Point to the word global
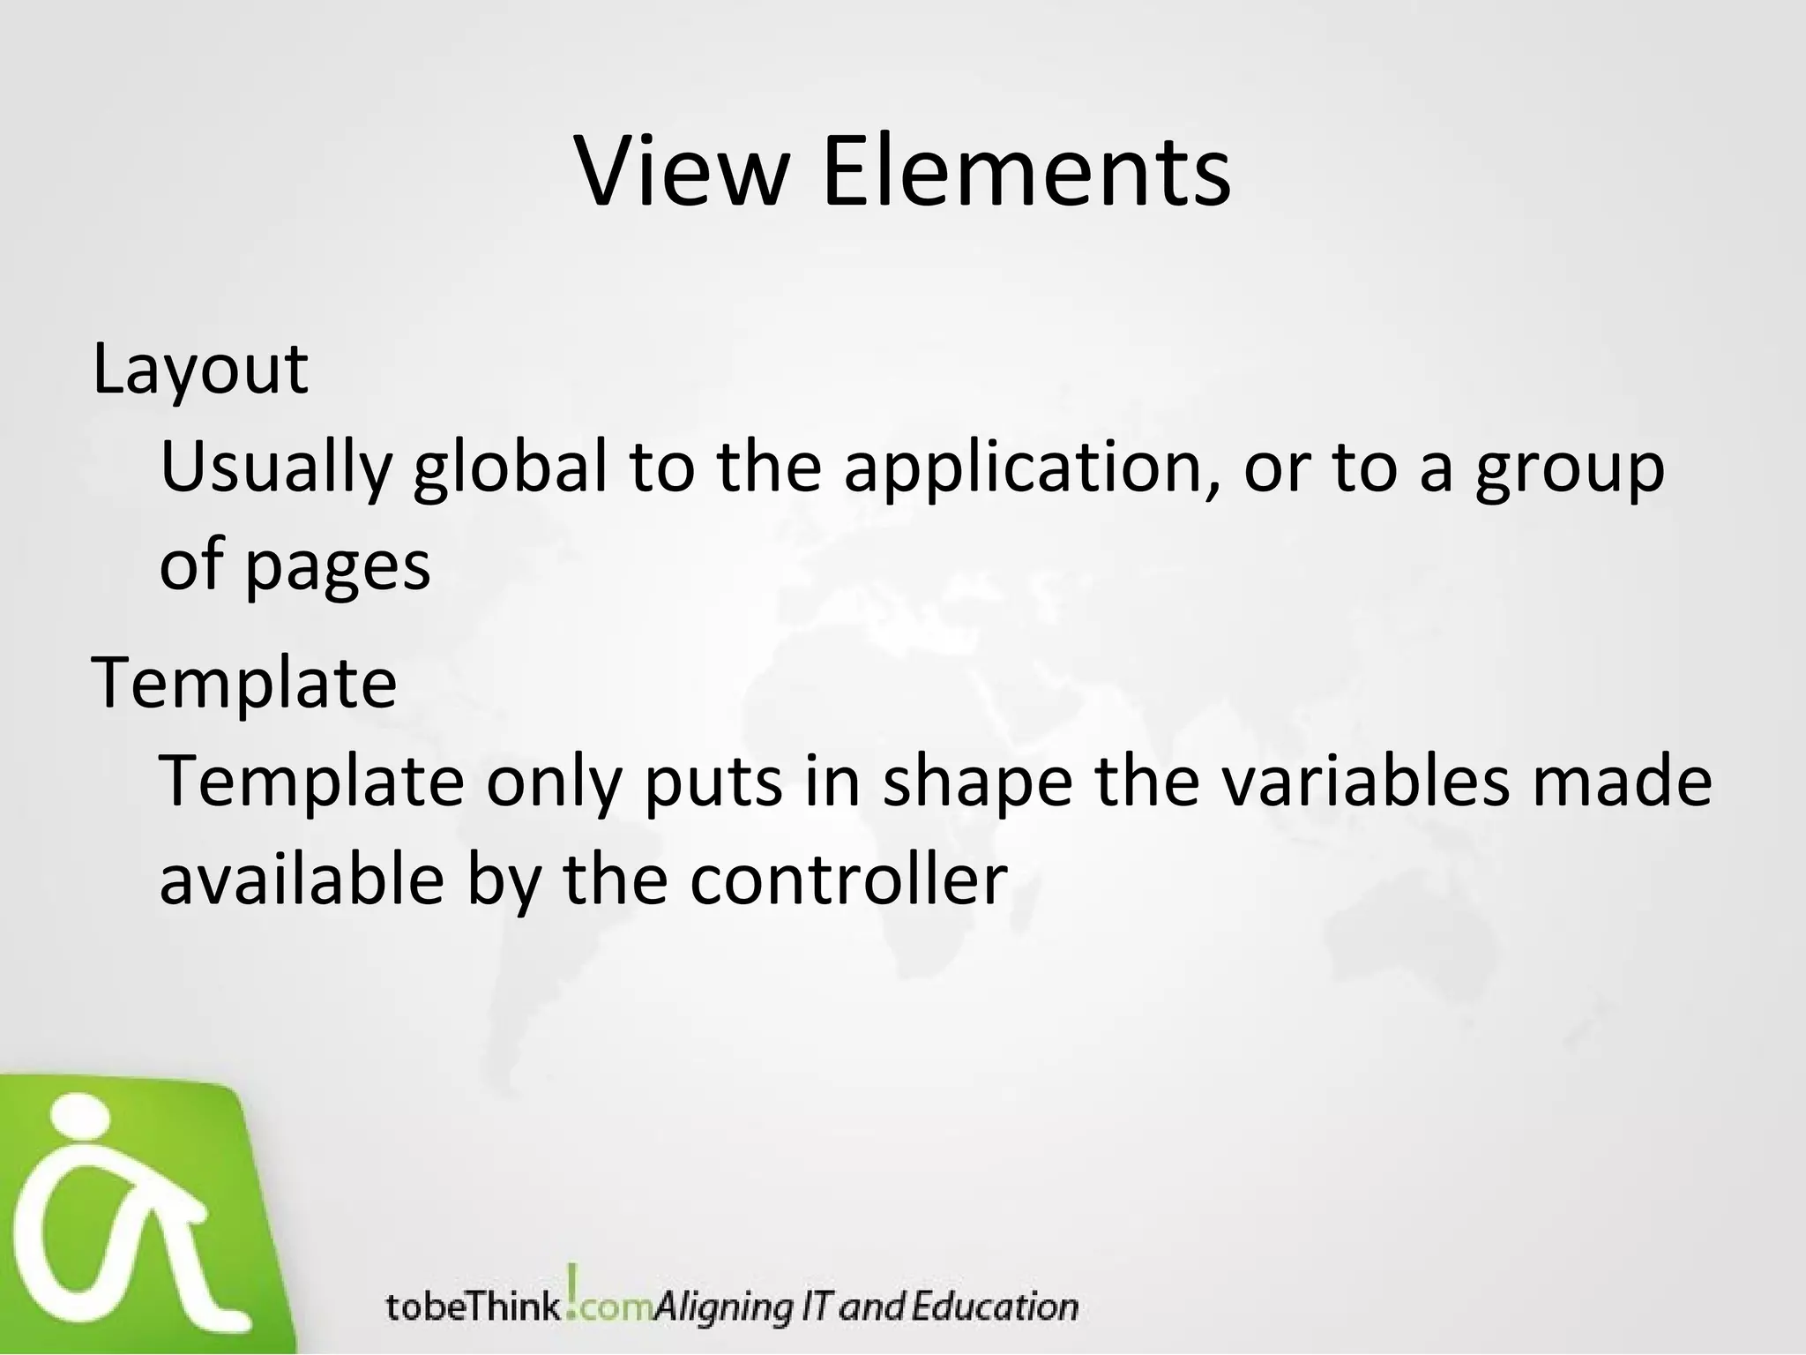(x=510, y=468)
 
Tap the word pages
(x=336, y=566)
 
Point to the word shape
(x=976, y=783)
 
